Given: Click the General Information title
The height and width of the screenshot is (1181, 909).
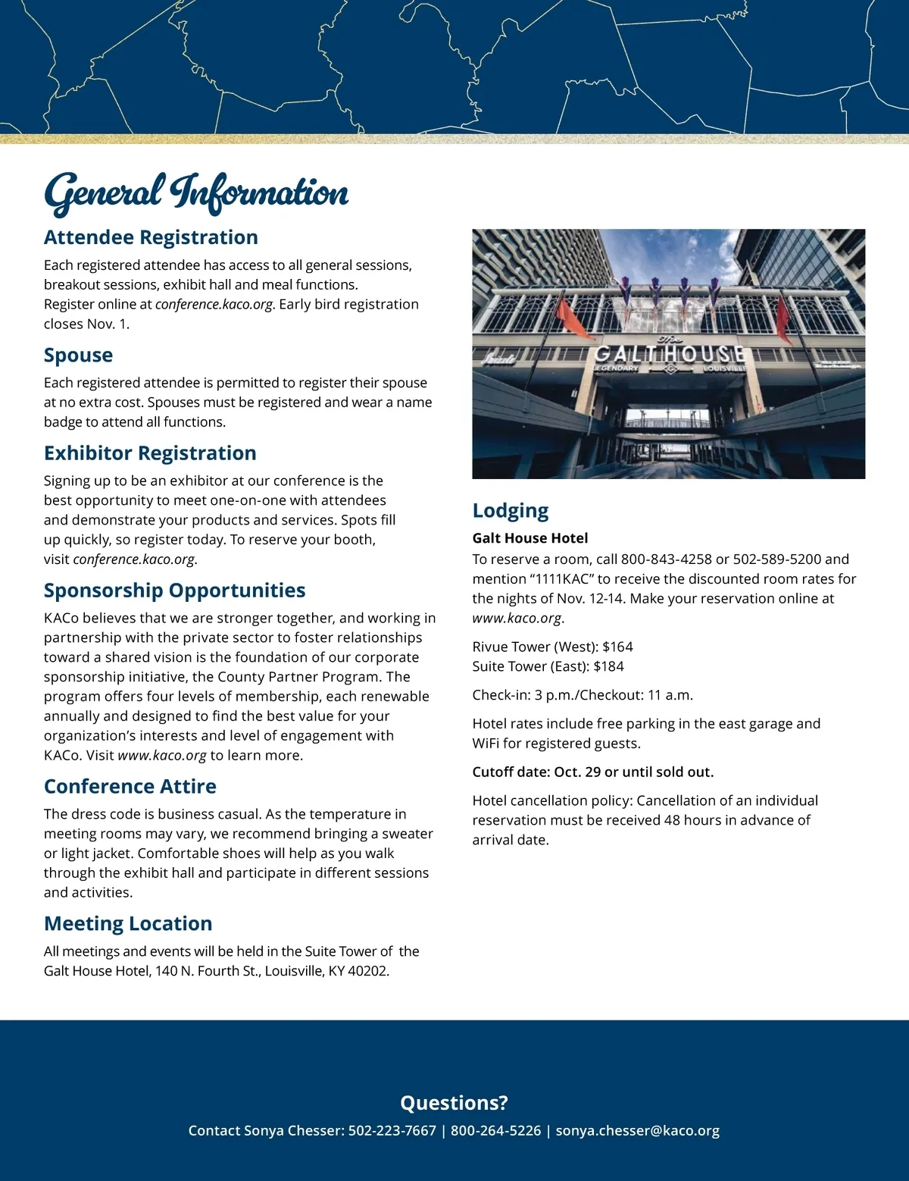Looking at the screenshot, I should (196, 192).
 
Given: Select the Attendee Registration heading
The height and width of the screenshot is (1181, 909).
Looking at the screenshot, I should (151, 237).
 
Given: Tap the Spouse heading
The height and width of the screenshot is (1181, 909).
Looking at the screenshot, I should (78, 355).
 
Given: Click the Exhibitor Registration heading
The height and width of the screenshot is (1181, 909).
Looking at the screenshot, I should (150, 453).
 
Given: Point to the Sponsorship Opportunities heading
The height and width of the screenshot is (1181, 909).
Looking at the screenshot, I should (174, 590).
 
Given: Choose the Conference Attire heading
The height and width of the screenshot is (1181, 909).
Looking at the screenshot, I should (130, 786).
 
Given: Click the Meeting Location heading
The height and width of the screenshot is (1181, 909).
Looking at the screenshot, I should (128, 923).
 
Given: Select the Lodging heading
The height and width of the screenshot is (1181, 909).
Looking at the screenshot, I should (511, 511).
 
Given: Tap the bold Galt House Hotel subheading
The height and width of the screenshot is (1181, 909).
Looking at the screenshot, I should (530, 538).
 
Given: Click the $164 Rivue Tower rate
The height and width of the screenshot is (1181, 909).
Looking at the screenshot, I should (617, 647).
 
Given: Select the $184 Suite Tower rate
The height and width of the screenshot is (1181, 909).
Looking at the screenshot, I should (608, 666).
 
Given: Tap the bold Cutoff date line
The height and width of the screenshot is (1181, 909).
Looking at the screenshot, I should (592, 772).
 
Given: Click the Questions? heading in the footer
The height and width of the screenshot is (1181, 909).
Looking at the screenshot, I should (454, 1103).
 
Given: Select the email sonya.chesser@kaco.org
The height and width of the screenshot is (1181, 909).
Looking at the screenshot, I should (637, 1130).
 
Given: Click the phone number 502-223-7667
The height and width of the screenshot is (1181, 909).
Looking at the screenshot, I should (392, 1130).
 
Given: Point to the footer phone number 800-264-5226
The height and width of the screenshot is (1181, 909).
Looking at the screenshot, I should (495, 1130).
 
